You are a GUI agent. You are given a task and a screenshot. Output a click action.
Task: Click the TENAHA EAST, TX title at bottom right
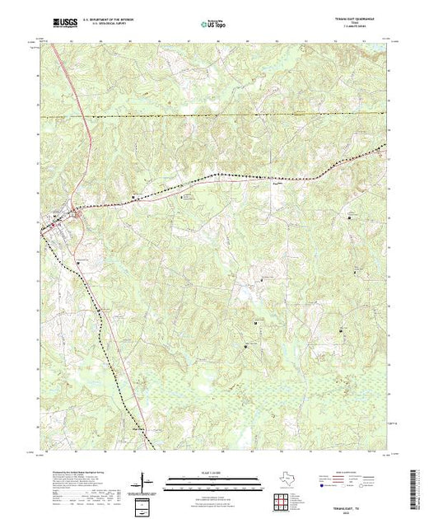tap(357, 487)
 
